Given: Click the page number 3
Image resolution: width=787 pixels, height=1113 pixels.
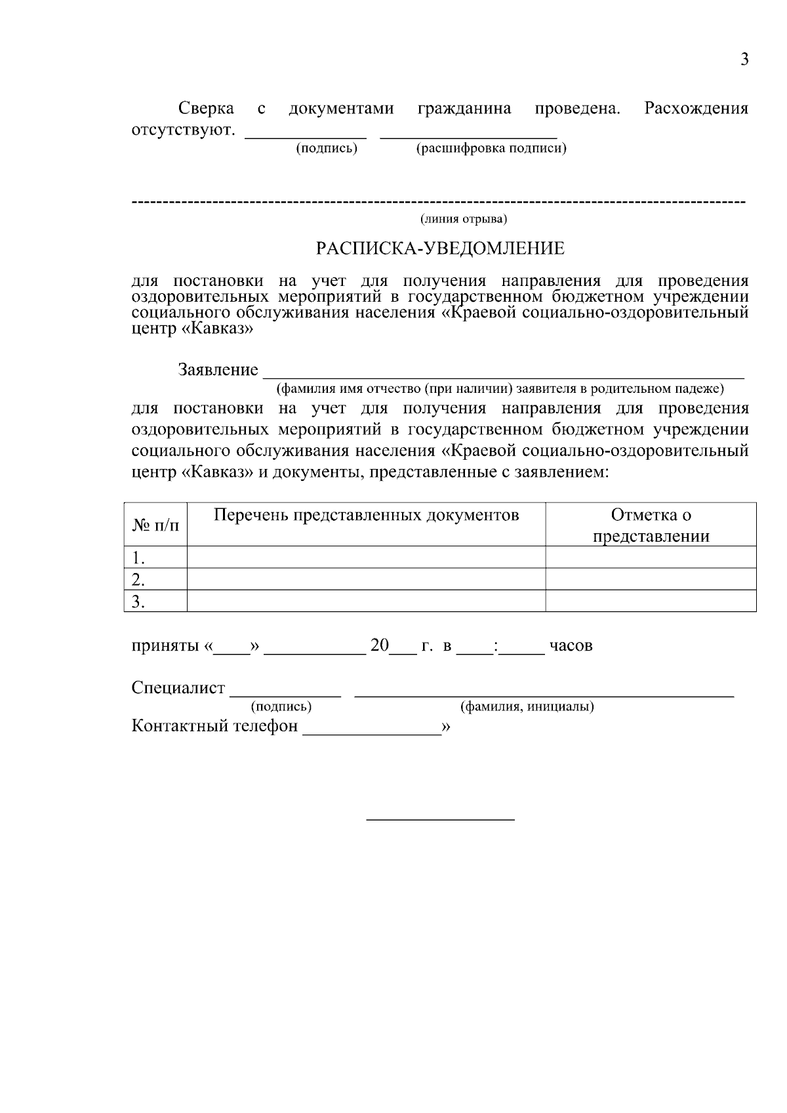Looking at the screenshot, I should click(x=744, y=60).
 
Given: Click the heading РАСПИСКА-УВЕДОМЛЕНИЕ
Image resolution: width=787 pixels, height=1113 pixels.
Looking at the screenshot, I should click(x=440, y=249).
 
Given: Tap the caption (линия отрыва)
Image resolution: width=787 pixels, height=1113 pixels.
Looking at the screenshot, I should click(x=464, y=218).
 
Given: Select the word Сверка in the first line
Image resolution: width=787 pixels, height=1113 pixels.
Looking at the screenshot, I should click(x=206, y=108).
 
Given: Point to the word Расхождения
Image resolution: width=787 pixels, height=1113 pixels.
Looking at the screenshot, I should click(x=696, y=108).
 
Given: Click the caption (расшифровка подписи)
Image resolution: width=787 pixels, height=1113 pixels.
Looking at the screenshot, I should click(x=491, y=148).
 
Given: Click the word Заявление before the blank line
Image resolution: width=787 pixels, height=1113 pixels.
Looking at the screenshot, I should click(x=218, y=370).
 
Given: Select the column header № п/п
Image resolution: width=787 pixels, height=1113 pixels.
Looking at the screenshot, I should click(x=155, y=525).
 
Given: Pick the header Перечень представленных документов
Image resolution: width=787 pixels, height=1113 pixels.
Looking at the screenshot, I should click(x=367, y=516).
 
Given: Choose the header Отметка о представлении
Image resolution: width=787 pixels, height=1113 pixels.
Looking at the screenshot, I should click(x=651, y=525).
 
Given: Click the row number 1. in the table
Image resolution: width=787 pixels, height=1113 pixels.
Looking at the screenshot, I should click(x=138, y=558).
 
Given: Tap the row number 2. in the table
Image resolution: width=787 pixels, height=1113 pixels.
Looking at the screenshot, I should click(x=138, y=580).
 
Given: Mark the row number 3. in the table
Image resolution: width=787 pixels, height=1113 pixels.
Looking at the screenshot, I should click(x=138, y=601).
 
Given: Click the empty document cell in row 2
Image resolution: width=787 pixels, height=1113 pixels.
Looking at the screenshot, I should click(x=366, y=580).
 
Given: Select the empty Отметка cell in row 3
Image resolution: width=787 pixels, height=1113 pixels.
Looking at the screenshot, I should click(x=651, y=601).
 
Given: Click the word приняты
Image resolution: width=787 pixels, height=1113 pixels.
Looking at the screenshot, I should click(x=165, y=646).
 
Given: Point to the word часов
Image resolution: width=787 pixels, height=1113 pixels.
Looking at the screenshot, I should click(x=571, y=646).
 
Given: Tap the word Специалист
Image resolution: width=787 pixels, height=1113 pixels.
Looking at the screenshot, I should click(x=178, y=688).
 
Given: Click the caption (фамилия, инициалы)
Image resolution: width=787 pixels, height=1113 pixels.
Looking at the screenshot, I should click(x=527, y=707).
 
